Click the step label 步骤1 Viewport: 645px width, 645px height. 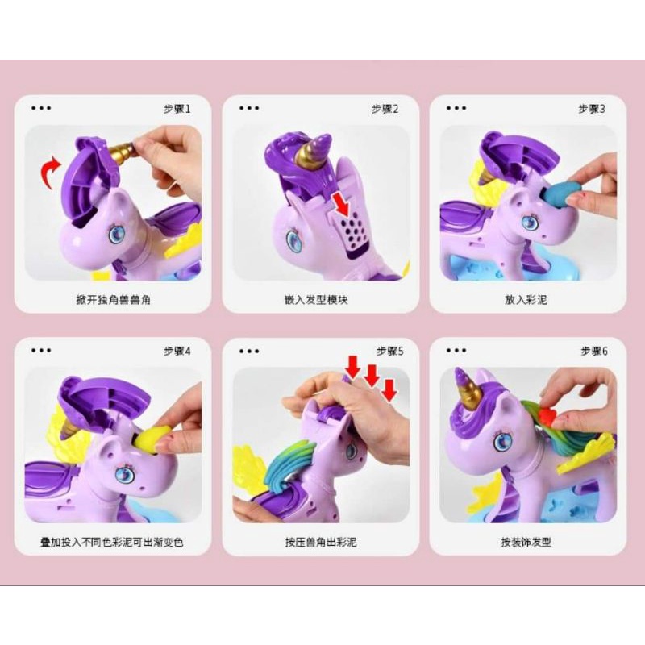pyautogui.click(x=177, y=109)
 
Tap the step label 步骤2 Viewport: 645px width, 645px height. pyautogui.click(x=385, y=109)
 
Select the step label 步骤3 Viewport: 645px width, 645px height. pyautogui.click(x=592, y=109)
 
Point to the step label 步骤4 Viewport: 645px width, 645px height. pyautogui.click(x=177, y=352)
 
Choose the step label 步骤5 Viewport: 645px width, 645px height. pyautogui.click(x=390, y=352)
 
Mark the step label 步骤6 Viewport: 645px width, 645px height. pyautogui.click(x=594, y=352)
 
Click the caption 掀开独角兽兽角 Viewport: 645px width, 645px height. pyautogui.click(x=113, y=300)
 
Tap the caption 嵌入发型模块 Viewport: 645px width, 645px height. pyautogui.click(x=316, y=300)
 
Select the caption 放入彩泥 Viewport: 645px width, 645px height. pyautogui.click(x=526, y=300)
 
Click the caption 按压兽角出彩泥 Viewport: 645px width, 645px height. pyautogui.click(x=321, y=542)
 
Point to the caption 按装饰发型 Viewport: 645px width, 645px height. pyautogui.click(x=526, y=542)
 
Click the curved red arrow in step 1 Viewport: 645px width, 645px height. pyautogui.click(x=48, y=173)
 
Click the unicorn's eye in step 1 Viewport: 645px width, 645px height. pyautogui.click(x=117, y=233)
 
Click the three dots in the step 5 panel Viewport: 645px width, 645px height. pyautogui.click(x=249, y=351)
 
